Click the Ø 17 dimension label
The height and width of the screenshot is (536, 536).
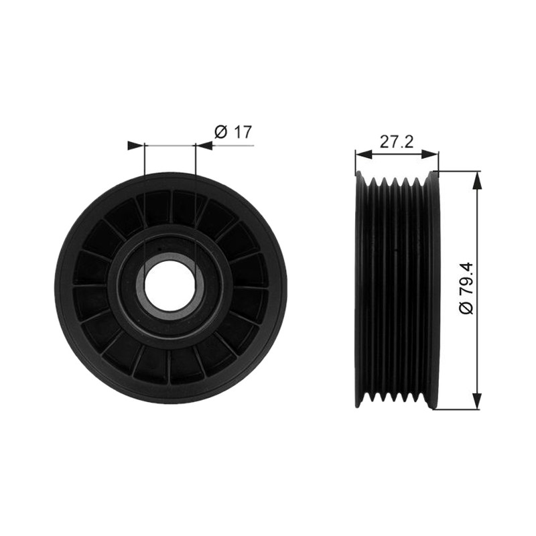click(232, 132)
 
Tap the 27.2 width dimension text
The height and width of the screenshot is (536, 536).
click(397, 141)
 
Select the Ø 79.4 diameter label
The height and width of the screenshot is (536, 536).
click(466, 288)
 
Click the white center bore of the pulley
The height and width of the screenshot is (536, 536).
click(170, 286)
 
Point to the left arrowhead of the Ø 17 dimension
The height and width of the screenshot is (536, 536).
click(136, 145)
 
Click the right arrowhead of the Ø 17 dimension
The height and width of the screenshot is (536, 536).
click(204, 145)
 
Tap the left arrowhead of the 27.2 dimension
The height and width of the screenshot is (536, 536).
click(363, 155)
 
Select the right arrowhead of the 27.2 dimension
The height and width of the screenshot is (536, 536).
click(430, 155)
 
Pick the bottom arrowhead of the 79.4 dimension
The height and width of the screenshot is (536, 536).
click(477, 400)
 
